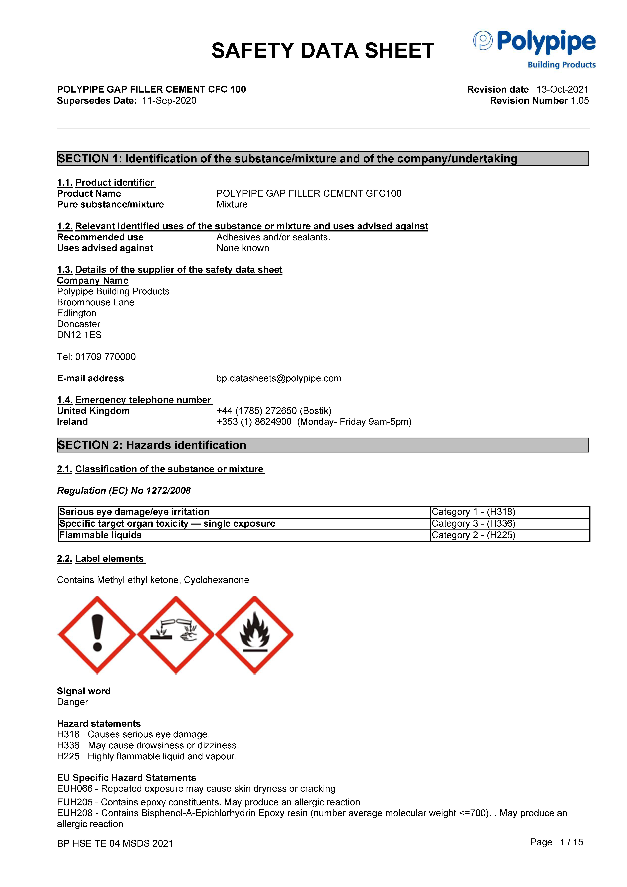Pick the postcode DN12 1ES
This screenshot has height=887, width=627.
pyautogui.click(x=79, y=335)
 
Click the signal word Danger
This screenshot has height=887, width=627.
pyautogui.click(x=72, y=702)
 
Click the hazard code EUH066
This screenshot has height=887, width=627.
pyautogui.click(x=75, y=789)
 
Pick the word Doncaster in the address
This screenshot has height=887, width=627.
pyautogui.click(x=78, y=324)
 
